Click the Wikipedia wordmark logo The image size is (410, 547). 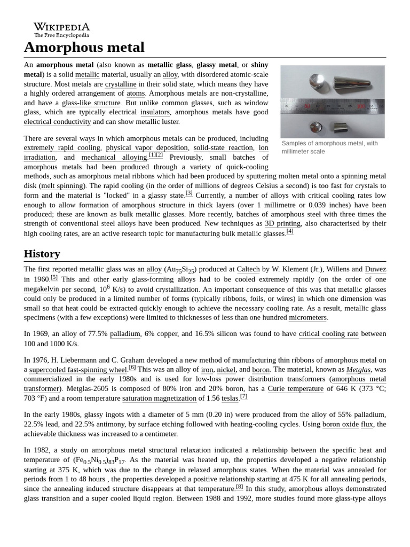pyautogui.click(x=61, y=30)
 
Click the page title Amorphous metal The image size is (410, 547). pyautogui.click(x=84, y=48)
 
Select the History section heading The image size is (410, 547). pyautogui.click(x=42, y=254)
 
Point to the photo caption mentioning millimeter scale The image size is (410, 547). pyautogui.click(x=329, y=147)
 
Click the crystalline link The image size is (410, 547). pyautogui.click(x=121, y=84)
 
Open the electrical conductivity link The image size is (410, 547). pyautogui.click(x=57, y=122)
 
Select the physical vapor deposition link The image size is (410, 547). pyautogui.click(x=147, y=148)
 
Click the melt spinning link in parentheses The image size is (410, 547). pyautogui.click(x=62, y=186)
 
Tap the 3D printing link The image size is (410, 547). pyautogui.click(x=283, y=224)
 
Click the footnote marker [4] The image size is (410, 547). pyautogui.click(x=290, y=231)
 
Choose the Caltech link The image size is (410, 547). pyautogui.click(x=248, y=270)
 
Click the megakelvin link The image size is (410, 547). pyautogui.click(x=41, y=289)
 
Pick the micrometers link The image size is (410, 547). pyautogui.click(x=307, y=318)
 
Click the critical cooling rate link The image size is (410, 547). pyautogui.click(x=328, y=334)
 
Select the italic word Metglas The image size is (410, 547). pyautogui.click(x=358, y=370)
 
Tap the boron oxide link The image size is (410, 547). pyautogui.click(x=340, y=425)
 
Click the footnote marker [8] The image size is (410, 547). pyautogui.click(x=239, y=487)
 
